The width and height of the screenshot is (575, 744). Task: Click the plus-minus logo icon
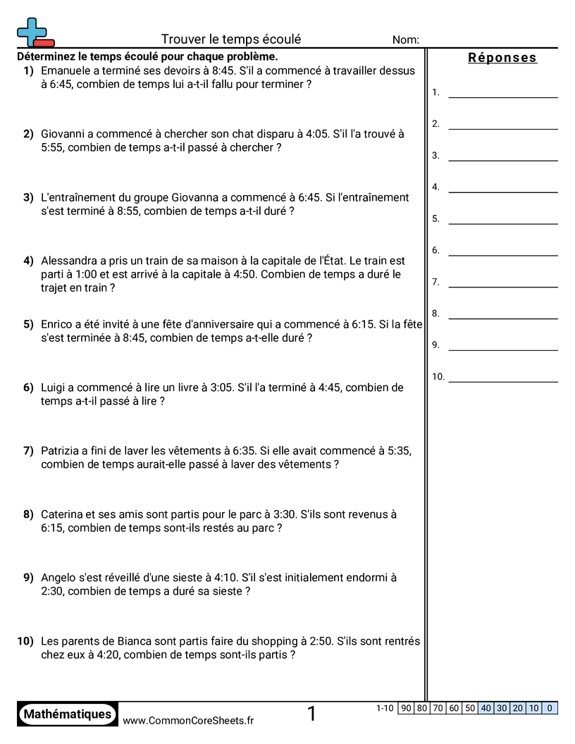point(35,32)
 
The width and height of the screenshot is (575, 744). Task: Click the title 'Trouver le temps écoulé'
point(231,39)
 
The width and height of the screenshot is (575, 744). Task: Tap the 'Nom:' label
point(406,40)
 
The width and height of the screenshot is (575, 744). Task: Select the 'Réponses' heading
point(502,58)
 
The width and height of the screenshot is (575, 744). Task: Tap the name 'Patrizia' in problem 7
point(61,450)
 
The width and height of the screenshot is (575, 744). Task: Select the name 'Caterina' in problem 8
point(63,514)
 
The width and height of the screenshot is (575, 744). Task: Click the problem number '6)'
point(28,387)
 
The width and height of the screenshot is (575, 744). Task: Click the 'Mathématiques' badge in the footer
point(68,714)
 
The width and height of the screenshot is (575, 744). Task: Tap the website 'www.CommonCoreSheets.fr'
point(188,720)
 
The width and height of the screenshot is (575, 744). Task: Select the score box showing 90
point(406,708)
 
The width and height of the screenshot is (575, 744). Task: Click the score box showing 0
point(550,708)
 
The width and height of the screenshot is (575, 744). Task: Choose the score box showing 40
point(486,708)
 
